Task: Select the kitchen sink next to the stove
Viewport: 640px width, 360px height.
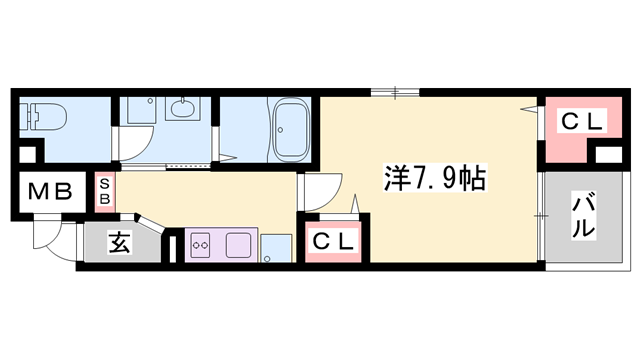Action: point(240,243)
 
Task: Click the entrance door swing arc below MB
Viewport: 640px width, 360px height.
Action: point(46,238)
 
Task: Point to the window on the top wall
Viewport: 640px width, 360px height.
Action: point(394,94)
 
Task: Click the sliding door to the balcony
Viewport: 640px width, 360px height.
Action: point(540,214)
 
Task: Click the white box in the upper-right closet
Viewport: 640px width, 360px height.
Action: point(607,155)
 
